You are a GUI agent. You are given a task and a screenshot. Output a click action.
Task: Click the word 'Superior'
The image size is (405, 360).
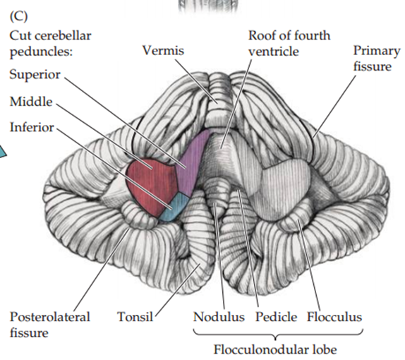coord(35,75)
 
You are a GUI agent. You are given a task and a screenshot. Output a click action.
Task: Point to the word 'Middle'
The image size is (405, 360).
coord(30,102)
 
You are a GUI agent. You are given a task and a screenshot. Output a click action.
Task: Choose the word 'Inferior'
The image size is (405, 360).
coord(32,128)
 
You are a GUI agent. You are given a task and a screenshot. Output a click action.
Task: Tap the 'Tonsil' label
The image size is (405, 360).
coord(135,317)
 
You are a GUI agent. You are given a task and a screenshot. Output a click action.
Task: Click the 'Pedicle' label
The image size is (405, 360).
coord(276,317)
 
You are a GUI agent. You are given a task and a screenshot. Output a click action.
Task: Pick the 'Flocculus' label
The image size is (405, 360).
coord(334,317)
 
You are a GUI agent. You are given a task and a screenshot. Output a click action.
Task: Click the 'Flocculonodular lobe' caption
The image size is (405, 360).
coord(276,349)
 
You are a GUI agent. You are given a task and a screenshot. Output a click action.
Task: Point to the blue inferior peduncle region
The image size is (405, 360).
coord(174,208)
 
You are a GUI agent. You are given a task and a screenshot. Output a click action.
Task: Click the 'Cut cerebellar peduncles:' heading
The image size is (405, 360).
coord(50,42)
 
